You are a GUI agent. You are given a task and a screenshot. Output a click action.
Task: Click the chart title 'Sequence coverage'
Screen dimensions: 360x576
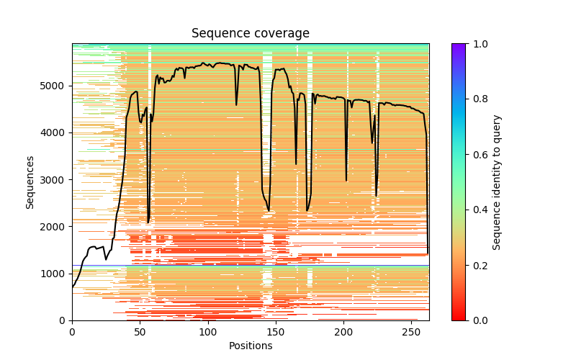[251, 34]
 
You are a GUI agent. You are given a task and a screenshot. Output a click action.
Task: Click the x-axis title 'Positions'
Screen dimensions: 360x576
[251, 346]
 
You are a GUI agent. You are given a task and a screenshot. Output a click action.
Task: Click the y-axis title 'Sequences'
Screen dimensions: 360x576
[30, 181]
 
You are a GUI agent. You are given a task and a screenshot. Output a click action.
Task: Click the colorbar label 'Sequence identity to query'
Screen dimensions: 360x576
[497, 181]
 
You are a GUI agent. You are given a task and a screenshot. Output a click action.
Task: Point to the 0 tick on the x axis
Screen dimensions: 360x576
[72, 331]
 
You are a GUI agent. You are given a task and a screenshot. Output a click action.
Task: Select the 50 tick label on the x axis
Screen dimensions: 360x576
[140, 331]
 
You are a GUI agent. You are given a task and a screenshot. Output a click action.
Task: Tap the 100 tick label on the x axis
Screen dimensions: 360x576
[208, 331]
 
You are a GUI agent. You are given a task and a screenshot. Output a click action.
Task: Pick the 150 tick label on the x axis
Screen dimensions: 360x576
[276, 331]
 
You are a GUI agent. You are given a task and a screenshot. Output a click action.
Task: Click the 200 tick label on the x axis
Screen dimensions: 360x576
[344, 331]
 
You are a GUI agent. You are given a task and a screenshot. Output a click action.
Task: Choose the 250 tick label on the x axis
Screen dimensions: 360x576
[412, 331]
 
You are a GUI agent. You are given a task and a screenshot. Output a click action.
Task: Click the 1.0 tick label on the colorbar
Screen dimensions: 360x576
[477, 44]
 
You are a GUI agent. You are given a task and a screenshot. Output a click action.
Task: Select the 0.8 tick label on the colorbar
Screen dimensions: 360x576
[477, 99]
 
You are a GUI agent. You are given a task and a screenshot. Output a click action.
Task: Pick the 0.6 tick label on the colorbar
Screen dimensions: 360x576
[477, 155]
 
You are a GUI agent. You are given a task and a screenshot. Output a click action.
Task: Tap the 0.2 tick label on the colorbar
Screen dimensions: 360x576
[477, 265]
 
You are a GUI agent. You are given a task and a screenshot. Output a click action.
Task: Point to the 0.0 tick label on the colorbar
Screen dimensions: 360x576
[477, 320]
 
